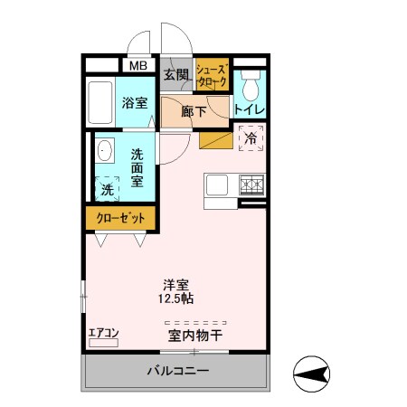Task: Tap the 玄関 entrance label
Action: point(175,74)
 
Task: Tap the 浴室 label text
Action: point(136,103)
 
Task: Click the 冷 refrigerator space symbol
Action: point(251,139)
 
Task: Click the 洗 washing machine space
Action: point(108,189)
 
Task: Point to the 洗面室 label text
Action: point(137,167)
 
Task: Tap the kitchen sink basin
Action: point(218,185)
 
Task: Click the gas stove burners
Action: point(251,185)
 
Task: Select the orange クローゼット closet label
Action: point(121,218)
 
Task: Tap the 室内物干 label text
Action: point(194,336)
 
